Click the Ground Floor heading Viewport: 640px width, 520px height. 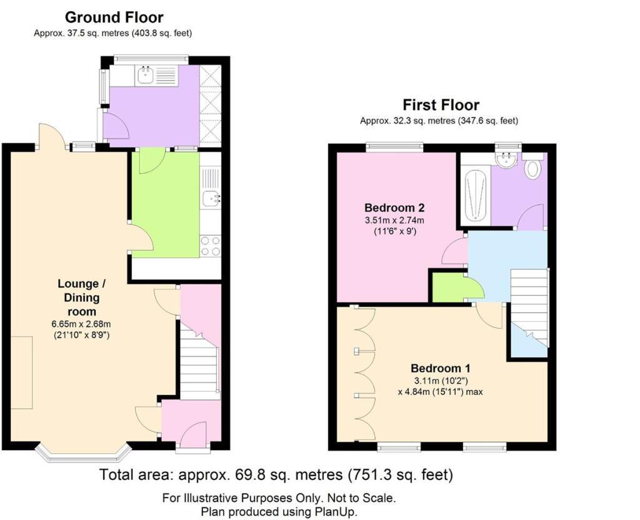114,17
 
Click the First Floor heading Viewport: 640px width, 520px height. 441,105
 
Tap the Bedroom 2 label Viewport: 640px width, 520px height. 394,207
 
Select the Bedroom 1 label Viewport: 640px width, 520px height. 441,368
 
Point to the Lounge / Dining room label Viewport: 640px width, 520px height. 82,297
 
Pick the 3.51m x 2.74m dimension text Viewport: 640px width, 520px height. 394,221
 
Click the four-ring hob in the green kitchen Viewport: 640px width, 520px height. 210,246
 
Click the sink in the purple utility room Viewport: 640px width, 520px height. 144,75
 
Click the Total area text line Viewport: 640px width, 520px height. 276,475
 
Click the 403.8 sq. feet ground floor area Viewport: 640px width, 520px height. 161,34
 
